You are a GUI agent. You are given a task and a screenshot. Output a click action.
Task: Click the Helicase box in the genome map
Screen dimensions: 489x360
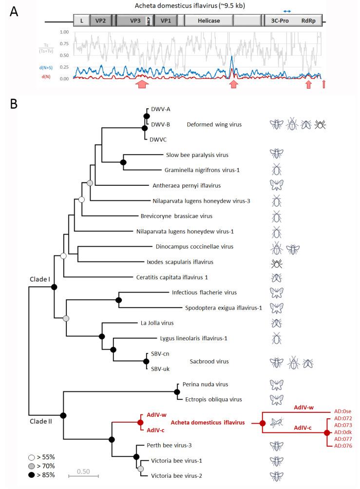click(x=208, y=21)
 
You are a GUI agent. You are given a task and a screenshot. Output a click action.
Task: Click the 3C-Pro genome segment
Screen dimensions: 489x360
click(x=281, y=21)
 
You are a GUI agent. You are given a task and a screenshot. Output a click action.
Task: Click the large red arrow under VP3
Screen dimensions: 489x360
click(x=142, y=85)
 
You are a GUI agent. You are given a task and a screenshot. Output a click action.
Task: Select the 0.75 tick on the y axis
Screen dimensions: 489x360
click(x=63, y=43)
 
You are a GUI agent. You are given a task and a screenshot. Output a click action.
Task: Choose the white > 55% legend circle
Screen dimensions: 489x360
click(x=31, y=457)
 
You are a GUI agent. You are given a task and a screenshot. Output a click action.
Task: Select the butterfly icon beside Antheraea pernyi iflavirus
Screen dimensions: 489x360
click(x=277, y=185)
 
